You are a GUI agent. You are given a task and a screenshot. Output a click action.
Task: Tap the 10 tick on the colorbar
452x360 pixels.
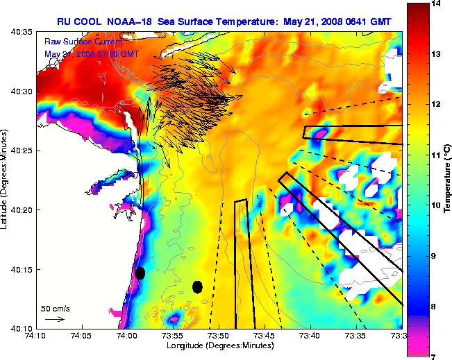(x=435, y=205)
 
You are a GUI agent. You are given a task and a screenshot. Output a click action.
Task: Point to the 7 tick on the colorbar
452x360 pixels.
(x=435, y=356)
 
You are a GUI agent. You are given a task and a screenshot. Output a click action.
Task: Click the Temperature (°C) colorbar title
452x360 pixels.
(x=449, y=180)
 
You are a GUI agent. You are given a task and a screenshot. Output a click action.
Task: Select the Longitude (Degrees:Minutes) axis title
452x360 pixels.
(x=219, y=345)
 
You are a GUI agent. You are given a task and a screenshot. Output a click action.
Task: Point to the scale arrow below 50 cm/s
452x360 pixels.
(x=54, y=319)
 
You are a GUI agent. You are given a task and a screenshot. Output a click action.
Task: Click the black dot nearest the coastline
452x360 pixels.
(x=140, y=273)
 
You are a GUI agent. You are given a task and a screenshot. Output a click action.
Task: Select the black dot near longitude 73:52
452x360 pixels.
(x=198, y=286)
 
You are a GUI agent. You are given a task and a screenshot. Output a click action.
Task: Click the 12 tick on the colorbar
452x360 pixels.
(x=435, y=105)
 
